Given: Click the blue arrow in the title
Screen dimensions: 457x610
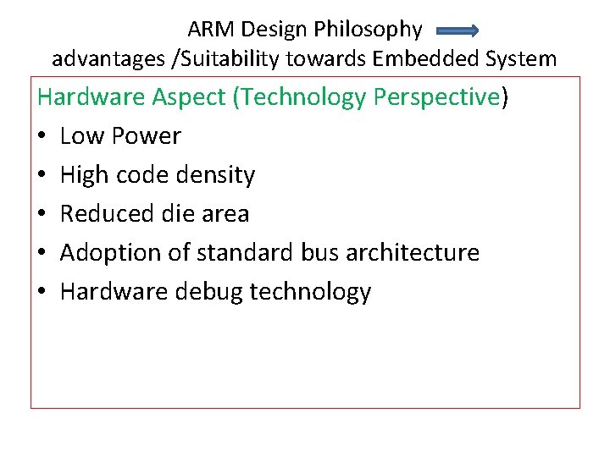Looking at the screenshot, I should coord(457,31).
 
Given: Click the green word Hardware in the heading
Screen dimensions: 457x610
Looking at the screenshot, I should coord(91,97).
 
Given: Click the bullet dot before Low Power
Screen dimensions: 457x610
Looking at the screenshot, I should coord(42,137).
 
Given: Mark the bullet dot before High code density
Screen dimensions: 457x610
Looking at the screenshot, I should coord(42,176).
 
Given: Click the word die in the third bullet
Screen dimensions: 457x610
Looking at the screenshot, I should coord(174,213).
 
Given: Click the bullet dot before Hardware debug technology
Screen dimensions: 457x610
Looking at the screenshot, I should coord(42,293).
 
